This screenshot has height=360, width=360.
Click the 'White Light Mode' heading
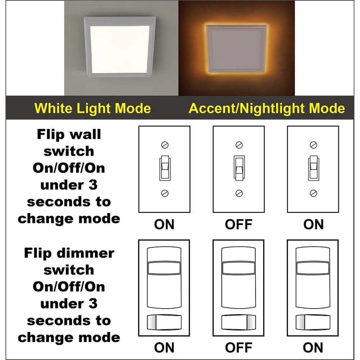pos(93,108)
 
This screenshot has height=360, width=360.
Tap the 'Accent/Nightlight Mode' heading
pos(266,108)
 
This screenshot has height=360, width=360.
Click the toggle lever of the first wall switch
pos(165,168)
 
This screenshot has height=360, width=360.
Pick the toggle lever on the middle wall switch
pos(239,168)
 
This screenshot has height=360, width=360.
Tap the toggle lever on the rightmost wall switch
pos(314,168)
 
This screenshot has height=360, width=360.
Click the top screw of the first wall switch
pos(165,145)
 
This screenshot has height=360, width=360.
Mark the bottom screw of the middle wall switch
pos(239,193)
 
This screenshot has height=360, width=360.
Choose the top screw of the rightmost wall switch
pos(314,145)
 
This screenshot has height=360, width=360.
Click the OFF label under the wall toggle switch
pos(239,224)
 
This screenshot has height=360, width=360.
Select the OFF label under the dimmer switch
pos(239,348)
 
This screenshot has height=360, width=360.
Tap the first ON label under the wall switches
pos(164,224)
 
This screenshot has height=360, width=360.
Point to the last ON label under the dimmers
pos(313,348)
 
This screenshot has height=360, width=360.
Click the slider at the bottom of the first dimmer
pos(164,322)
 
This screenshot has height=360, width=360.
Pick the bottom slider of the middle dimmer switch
pos(239,322)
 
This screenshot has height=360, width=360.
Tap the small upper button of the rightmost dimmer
pos(313,268)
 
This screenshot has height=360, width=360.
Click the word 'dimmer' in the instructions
pos(85,253)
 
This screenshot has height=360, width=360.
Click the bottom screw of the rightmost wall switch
pos(314,193)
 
